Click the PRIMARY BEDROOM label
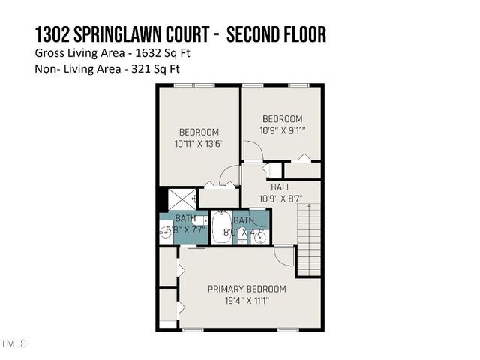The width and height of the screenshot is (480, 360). point(247,288)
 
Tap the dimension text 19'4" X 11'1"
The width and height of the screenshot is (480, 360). point(247,300)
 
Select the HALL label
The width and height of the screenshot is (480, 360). point(281,187)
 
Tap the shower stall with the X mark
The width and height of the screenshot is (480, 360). point(181,199)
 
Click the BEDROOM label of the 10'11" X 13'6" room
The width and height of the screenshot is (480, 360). point(198,132)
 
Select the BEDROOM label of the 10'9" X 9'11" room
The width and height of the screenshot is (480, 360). point(282,118)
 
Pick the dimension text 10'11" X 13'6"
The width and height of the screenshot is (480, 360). point(199,144)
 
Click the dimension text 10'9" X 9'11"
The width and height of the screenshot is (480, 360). point(282,130)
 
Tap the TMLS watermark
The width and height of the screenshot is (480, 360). point(13,344)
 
